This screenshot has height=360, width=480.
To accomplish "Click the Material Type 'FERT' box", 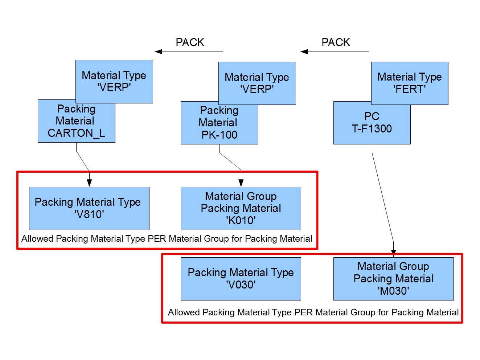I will [x=410, y=83].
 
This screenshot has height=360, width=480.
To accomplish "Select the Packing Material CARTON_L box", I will [x=76, y=121].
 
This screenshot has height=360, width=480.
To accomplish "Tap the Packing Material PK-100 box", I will [x=219, y=123].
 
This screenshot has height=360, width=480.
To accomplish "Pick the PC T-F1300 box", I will [x=372, y=123].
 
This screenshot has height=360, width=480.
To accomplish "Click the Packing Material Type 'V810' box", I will [x=89, y=208].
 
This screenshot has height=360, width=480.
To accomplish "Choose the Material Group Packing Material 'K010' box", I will [x=241, y=208].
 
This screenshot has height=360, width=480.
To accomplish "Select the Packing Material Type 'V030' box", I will [x=241, y=279].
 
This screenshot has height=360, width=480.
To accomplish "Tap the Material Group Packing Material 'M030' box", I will [x=393, y=279].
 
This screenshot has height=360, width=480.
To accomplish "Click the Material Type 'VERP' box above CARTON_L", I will [x=114, y=81].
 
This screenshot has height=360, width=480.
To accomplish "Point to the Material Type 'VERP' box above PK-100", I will [x=257, y=83].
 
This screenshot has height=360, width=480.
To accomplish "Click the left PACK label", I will [x=190, y=42].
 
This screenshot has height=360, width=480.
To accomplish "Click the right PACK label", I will [x=336, y=42].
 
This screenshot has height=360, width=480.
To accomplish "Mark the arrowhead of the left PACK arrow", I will [x=159, y=52].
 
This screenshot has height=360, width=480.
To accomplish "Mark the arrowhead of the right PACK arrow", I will [x=304, y=52].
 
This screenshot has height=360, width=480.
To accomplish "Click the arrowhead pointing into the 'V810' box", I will [x=89, y=183].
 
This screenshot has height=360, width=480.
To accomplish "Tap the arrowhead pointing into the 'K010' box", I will [x=241, y=183].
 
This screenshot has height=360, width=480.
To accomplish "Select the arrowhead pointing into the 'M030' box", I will [x=393, y=253].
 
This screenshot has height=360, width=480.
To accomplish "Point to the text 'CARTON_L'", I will [x=76, y=133].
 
